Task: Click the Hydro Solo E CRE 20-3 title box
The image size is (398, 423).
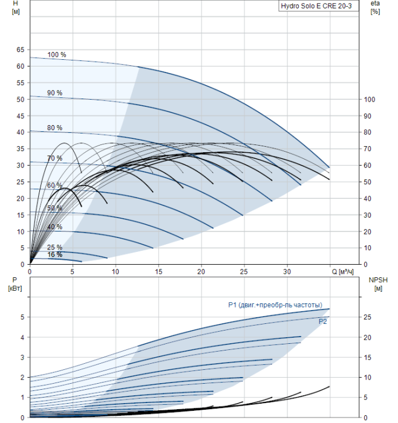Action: (x=319, y=6)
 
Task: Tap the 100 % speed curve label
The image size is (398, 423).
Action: (x=57, y=54)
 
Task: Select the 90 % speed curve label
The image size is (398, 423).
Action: (x=55, y=93)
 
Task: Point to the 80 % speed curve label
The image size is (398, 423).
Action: (x=55, y=128)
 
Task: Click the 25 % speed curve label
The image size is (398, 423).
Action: (x=55, y=247)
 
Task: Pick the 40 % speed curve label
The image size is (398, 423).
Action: (x=55, y=227)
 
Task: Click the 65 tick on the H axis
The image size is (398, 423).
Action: (x=20, y=50)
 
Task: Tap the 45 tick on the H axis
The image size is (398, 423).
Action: (x=20, y=116)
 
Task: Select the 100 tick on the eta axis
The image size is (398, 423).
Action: (x=370, y=100)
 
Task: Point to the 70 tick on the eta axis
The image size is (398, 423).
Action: (x=368, y=149)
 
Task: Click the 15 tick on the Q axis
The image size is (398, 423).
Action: (x=158, y=272)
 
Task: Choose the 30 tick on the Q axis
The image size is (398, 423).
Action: (x=287, y=272)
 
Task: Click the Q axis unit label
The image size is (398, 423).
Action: (x=342, y=272)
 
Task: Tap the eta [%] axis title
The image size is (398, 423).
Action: (x=376, y=7)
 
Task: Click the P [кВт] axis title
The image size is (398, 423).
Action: (x=15, y=284)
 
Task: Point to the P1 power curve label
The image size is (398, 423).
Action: (x=275, y=305)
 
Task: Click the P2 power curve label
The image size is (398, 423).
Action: (x=322, y=321)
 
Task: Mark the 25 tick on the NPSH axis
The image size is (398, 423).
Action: (x=368, y=317)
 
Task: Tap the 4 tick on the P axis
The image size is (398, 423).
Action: (x=22, y=337)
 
